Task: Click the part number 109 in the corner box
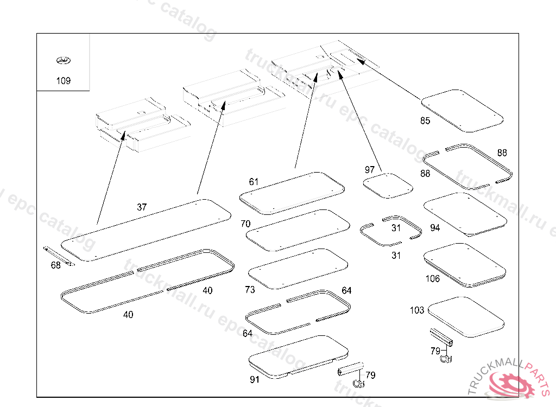(x=64, y=81)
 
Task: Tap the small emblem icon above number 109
(x=64, y=61)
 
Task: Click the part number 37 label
(x=142, y=207)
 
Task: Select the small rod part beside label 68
(x=58, y=256)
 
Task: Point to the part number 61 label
(x=254, y=182)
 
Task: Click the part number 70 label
(x=245, y=224)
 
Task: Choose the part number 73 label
(x=250, y=290)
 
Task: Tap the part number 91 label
(x=255, y=380)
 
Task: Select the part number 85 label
(x=425, y=120)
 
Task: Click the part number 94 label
(x=435, y=228)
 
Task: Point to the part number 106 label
(x=433, y=279)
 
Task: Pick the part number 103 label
(x=417, y=310)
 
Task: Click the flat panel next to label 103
(x=466, y=316)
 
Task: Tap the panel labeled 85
(x=463, y=110)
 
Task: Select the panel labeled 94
(x=465, y=213)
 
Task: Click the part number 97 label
(x=370, y=170)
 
